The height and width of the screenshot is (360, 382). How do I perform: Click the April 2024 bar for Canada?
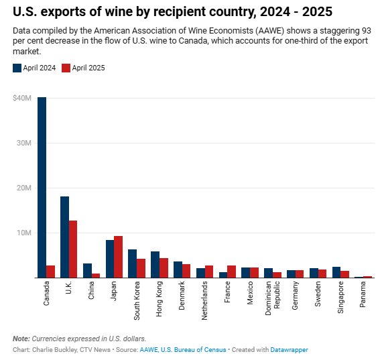pos(42,188)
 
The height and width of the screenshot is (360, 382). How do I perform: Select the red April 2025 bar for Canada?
pos(50,272)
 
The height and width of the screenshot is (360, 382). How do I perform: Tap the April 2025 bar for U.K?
pos(73,249)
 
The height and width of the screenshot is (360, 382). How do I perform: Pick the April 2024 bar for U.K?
pos(64,237)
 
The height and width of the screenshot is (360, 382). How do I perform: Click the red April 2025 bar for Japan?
pos(119,257)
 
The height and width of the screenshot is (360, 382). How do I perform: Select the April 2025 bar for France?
pos(231,272)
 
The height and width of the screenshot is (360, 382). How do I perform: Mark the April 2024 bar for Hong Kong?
pos(155,265)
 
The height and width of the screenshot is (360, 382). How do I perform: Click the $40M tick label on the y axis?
pos(21,98)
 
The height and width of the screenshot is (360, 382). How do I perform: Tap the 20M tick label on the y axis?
pos(23,188)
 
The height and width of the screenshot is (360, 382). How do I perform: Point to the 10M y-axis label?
pos(23,233)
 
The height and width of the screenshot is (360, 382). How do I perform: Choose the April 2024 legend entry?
pos(35,68)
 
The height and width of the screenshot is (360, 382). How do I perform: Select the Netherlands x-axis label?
pos(205,301)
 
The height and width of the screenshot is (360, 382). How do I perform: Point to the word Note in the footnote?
pos(21,339)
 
